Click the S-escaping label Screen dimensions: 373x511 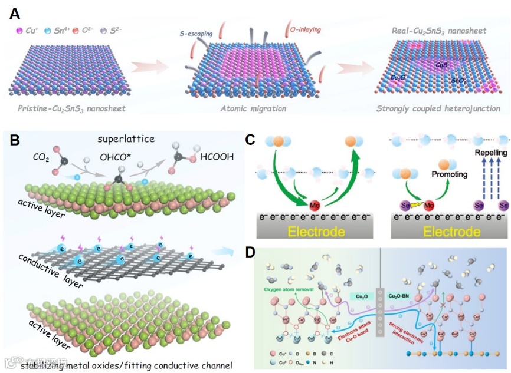[197, 35]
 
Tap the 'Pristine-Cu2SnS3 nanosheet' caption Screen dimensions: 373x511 [67, 109]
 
